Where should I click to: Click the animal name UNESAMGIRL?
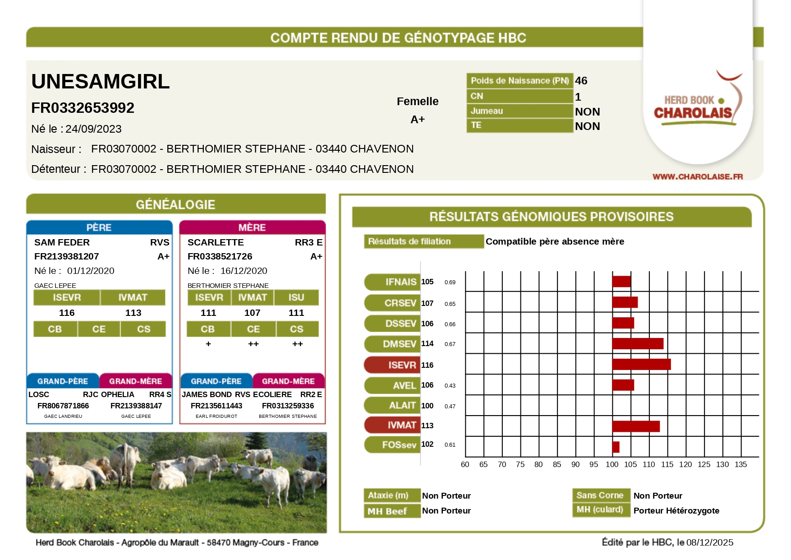coord(100,82)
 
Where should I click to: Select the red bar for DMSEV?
coord(637,344)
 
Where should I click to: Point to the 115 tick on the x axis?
coord(667,464)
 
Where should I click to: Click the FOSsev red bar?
coord(616,447)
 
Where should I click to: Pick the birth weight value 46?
coord(581,81)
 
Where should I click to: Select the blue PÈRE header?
coord(99,227)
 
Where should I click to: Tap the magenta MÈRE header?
coord(252,227)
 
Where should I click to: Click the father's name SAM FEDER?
coord(62,242)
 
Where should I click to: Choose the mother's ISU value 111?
coord(296,313)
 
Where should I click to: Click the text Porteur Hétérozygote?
coord(676,510)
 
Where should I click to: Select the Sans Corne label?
coord(600,495)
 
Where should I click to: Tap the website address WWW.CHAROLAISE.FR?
coord(697,176)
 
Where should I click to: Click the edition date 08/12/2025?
coord(709,542)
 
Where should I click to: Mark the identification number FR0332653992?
coord(83,108)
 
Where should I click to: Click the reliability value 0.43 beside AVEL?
coord(450,385)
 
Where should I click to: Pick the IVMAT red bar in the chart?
coord(635,426)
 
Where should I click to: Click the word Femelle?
coord(417,102)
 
